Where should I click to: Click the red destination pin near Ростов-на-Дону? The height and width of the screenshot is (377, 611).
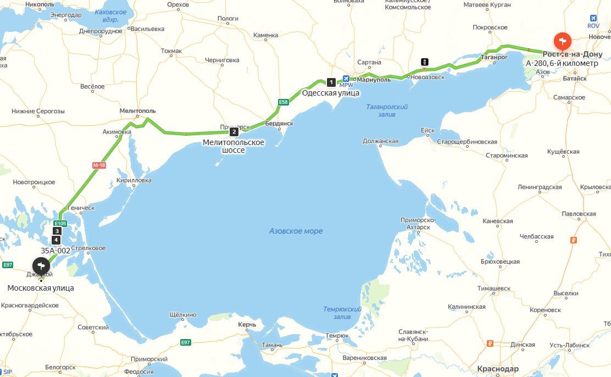tap(562, 41)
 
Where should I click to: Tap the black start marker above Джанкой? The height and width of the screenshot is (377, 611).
tap(41, 266)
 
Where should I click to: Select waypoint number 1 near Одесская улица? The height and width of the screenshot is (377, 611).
tap(331, 82)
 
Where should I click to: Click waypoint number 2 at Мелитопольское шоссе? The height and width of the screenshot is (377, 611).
tap(234, 132)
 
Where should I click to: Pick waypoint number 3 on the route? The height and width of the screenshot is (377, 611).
tap(57, 231)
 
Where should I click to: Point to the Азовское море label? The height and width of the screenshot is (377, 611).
tap(296, 231)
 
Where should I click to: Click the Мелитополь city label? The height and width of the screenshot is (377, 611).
tap(138, 111)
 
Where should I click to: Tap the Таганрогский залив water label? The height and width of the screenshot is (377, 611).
tap(387, 110)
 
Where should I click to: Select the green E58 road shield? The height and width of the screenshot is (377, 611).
tap(283, 102)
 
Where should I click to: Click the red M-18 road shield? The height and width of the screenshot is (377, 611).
tap(98, 165)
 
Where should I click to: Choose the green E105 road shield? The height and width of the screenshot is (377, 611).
tap(60, 224)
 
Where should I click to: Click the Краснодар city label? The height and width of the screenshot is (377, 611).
tap(498, 369)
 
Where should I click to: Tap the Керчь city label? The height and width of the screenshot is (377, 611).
tap(247, 325)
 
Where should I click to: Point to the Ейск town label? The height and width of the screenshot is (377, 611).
tap(427, 130)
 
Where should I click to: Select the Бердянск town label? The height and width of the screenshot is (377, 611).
tap(279, 124)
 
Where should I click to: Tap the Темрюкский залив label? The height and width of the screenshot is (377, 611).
tap(342, 313)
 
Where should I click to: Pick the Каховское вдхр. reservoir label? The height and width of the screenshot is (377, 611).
tap(110, 15)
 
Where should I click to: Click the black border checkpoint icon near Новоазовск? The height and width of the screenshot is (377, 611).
tap(425, 62)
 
